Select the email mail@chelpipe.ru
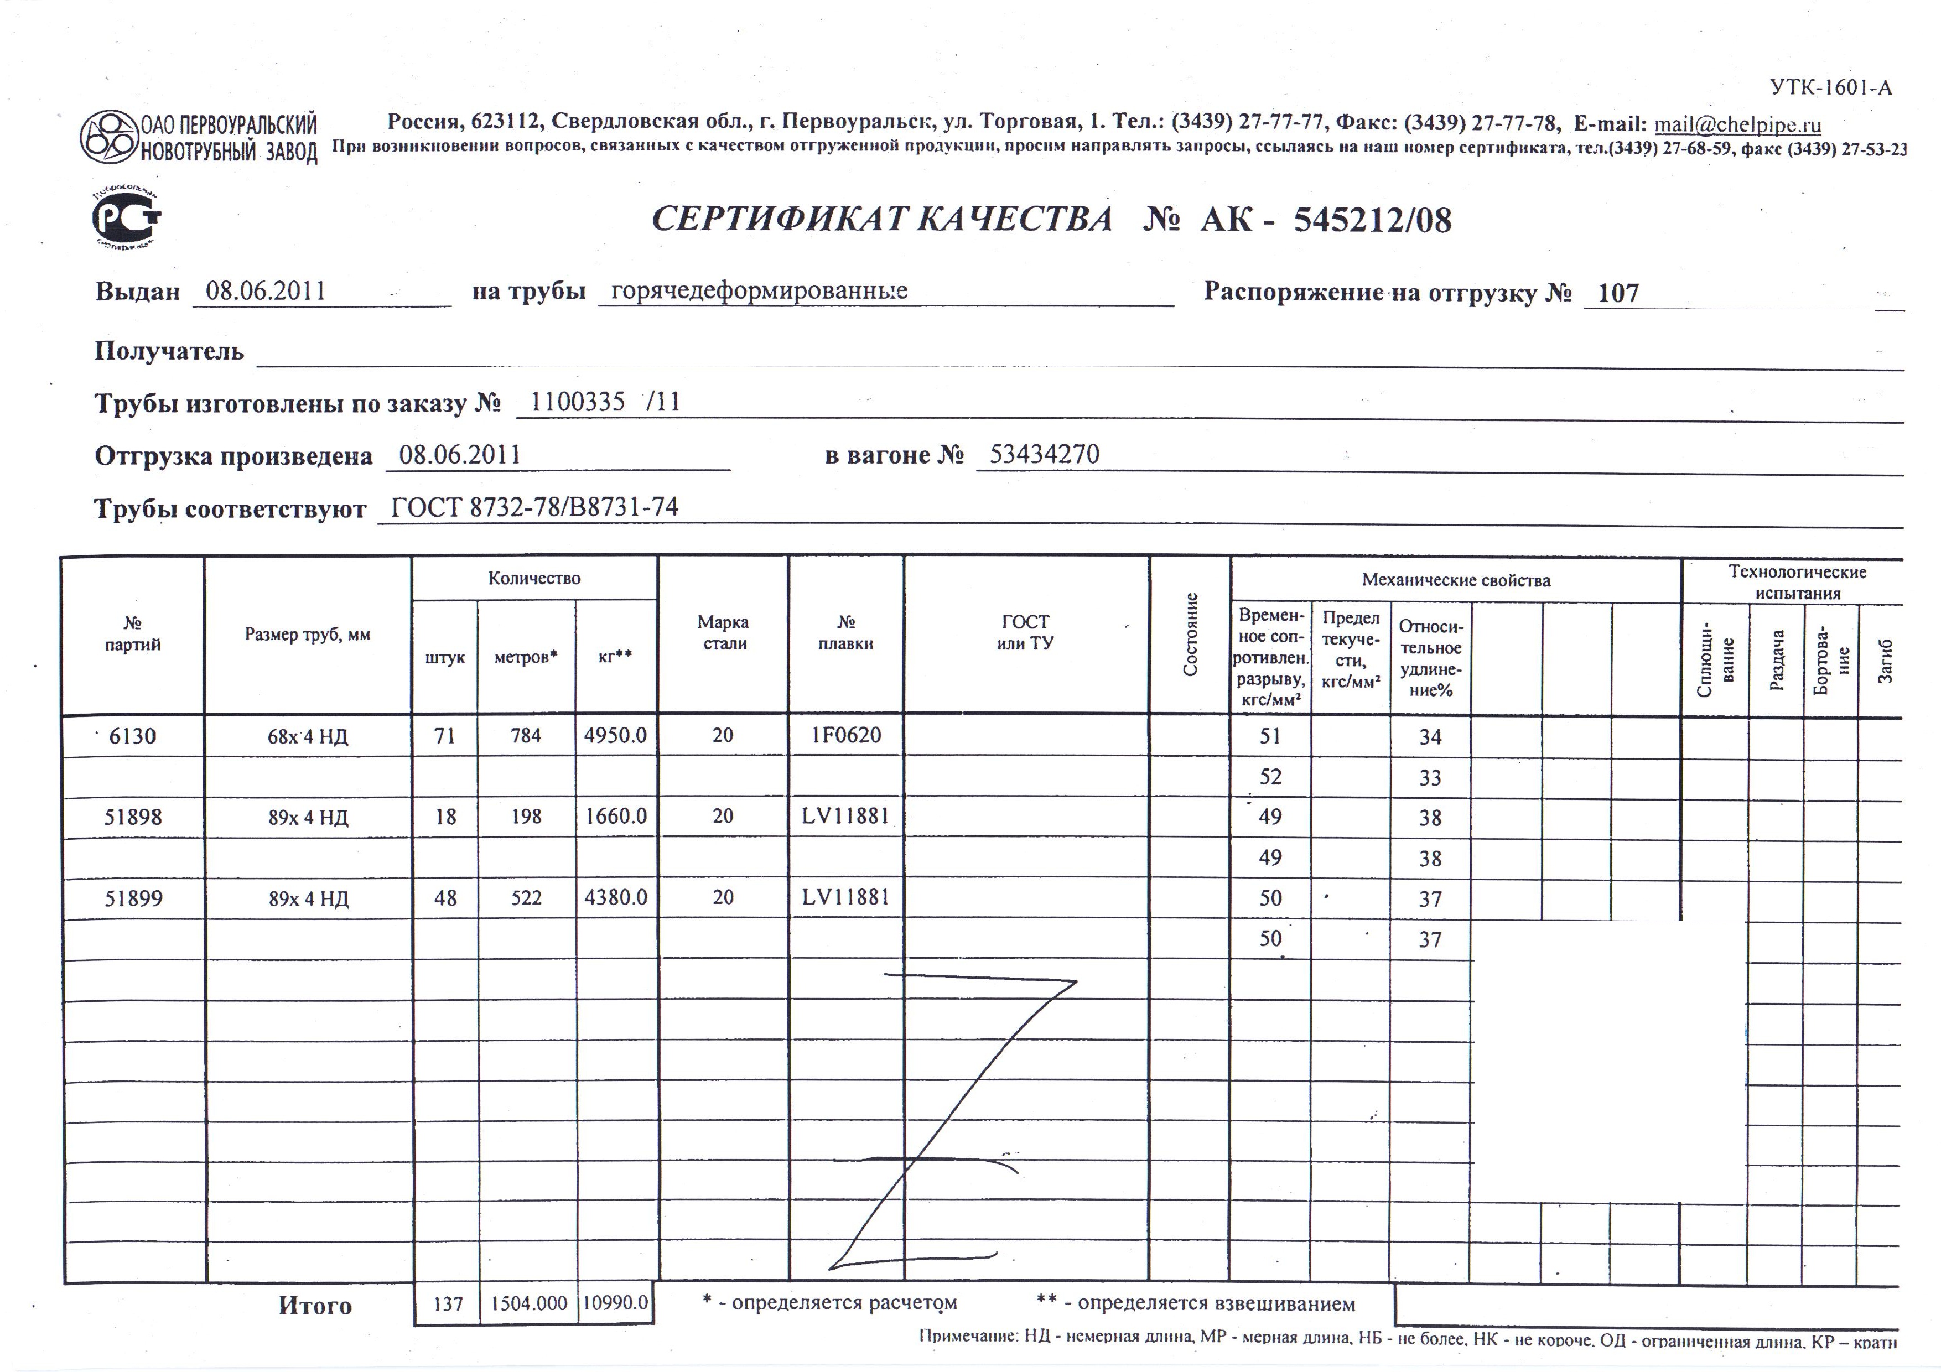click(x=1737, y=125)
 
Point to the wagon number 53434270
click(x=1044, y=455)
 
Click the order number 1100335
click(x=578, y=402)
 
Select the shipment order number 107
click(x=1618, y=293)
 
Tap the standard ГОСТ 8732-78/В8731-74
click(x=534, y=507)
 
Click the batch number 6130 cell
click(x=133, y=736)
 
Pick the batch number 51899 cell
click(x=133, y=898)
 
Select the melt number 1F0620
click(x=845, y=735)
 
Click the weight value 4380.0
click(x=615, y=897)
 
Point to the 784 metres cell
click(x=526, y=735)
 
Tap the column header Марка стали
click(x=723, y=632)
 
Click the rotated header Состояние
click(x=1190, y=634)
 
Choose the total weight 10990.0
click(x=615, y=1303)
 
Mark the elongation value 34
click(x=1430, y=737)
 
